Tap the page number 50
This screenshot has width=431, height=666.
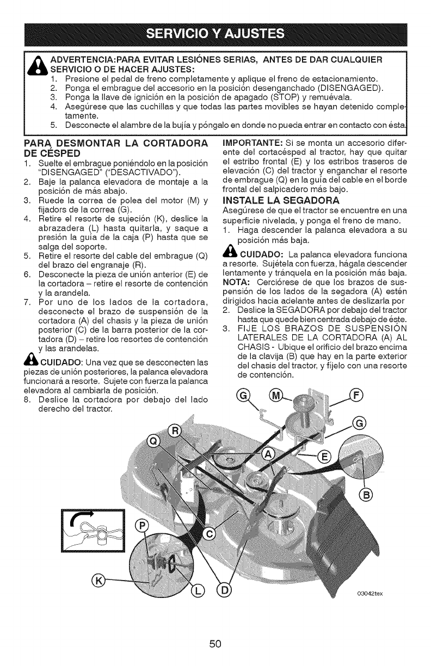coord(215,644)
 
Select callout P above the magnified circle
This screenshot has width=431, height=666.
coord(141,527)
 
